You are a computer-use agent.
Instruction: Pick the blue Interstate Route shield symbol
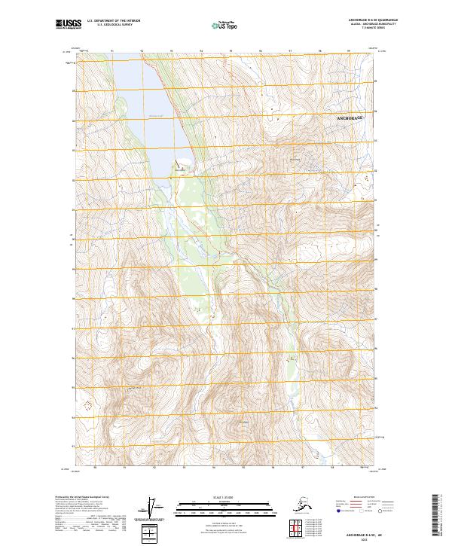pyautogui.click(x=337, y=511)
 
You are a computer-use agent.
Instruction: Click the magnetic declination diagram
pyautogui.click(x=156, y=506)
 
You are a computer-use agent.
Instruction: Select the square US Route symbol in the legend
pyautogui.click(x=362, y=511)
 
